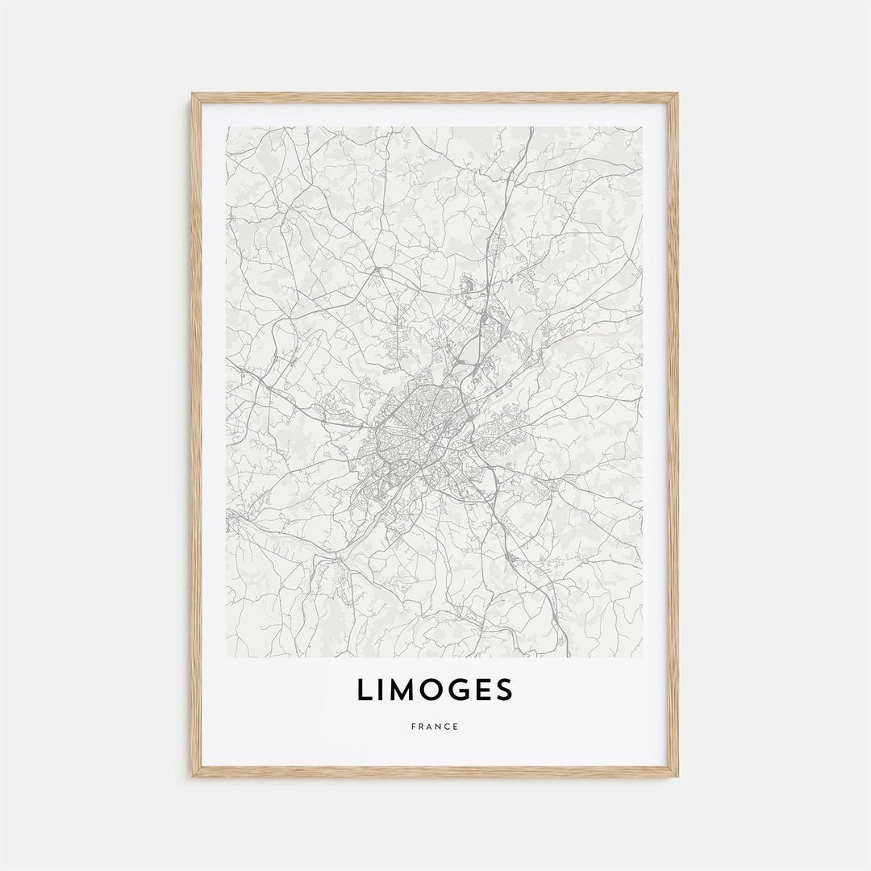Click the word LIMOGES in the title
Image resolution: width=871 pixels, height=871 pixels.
click(x=435, y=690)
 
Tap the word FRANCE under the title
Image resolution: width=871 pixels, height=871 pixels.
click(x=435, y=727)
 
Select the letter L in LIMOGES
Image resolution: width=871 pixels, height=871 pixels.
click(x=365, y=690)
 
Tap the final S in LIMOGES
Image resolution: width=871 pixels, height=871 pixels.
click(x=504, y=690)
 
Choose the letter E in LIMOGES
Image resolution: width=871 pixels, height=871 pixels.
click(x=483, y=690)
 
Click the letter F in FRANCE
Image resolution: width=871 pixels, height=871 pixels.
click(x=413, y=727)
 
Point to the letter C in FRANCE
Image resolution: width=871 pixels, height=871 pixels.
click(x=447, y=727)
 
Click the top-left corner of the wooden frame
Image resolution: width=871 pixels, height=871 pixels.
click(x=194, y=95)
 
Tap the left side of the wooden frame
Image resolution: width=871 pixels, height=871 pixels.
click(x=194, y=435)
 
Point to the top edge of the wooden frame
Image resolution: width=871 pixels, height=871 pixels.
click(x=435, y=96)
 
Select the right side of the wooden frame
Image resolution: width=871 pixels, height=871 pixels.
click(x=674, y=435)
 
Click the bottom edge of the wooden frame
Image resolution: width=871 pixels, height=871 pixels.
click(x=435, y=773)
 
